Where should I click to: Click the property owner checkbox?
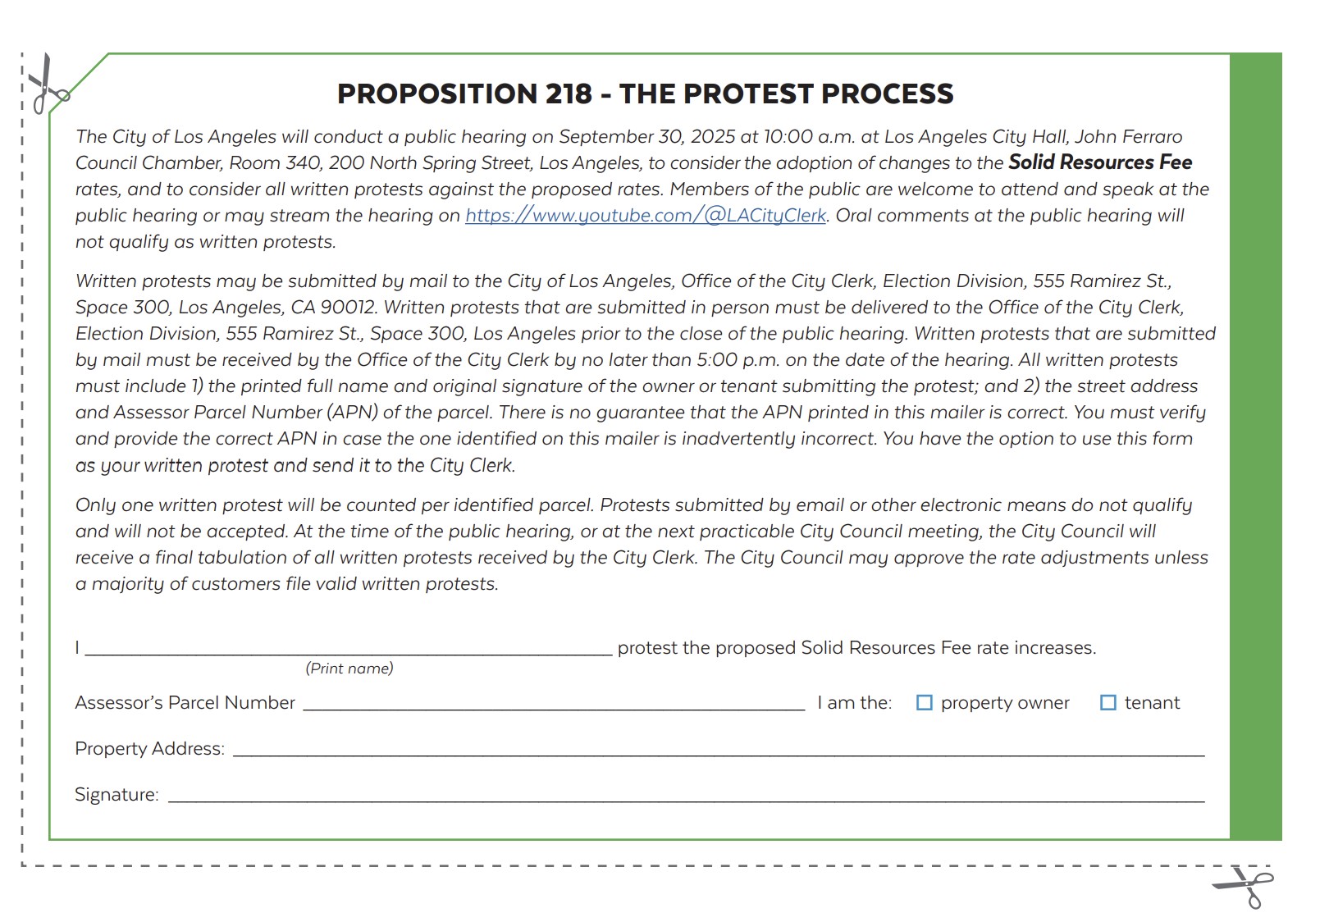(924, 703)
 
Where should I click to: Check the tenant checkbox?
(1107, 703)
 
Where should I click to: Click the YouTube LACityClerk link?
(646, 216)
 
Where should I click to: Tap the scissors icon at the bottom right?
(1245, 886)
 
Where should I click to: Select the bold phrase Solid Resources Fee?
(1099, 162)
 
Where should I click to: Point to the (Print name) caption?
(349, 669)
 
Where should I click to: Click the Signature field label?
(116, 795)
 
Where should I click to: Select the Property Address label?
(149, 749)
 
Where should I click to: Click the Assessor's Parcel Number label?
(185, 703)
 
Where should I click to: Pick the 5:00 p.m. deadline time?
(737, 360)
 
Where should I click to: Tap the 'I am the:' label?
(854, 703)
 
